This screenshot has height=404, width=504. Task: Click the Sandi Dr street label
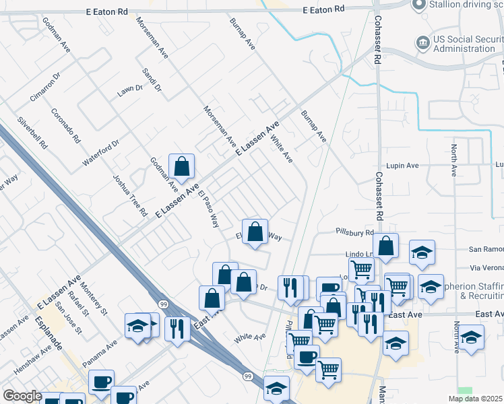pos(152,79)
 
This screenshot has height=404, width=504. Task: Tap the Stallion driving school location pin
pos(420,5)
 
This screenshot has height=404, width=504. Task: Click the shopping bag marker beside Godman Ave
pos(181,166)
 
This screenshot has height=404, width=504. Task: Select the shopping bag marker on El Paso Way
pos(255,232)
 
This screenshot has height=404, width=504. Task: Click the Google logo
pos(23,396)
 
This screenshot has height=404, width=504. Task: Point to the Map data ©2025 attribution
pos(476,399)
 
